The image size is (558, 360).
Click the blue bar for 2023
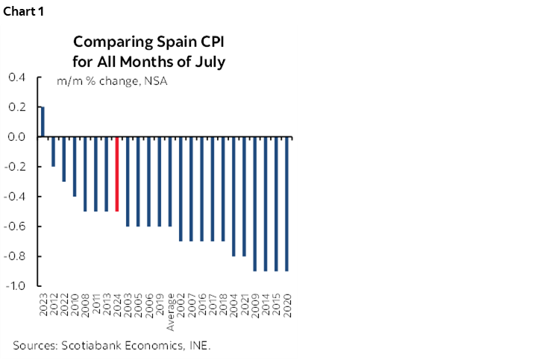pos(43,122)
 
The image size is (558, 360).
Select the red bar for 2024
pos(117,174)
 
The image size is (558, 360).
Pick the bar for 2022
pos(63,160)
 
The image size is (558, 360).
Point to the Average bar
pos(171,182)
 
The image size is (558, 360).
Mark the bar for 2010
pos(75,167)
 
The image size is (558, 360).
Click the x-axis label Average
pos(171,315)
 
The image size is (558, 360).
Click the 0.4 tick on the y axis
pos(16,78)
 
